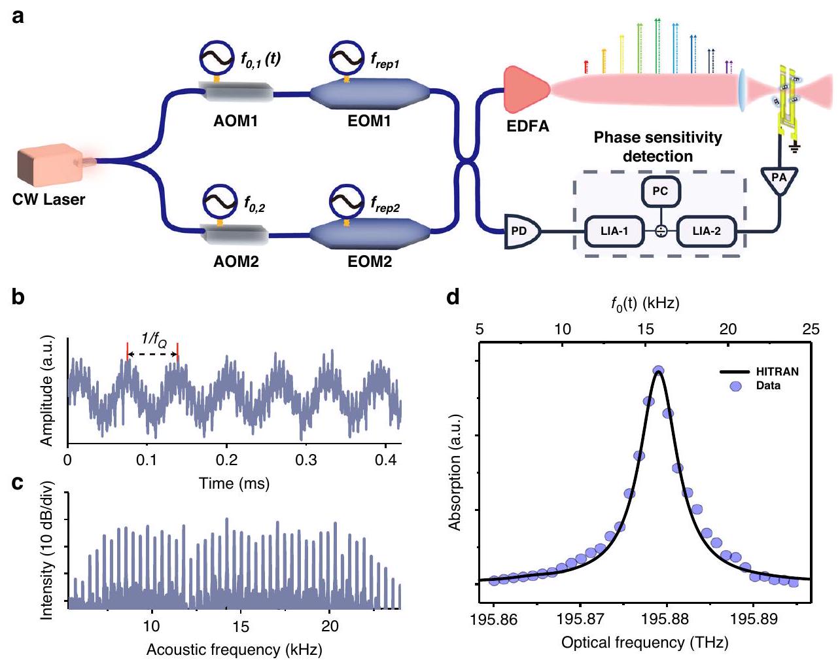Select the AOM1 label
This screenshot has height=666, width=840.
tap(236, 121)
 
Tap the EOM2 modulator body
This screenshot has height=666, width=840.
tap(369, 232)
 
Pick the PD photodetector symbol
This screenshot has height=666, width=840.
tap(521, 231)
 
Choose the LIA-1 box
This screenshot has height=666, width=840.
tap(614, 231)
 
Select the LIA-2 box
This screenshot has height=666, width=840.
tap(707, 231)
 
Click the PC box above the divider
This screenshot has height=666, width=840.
tap(661, 191)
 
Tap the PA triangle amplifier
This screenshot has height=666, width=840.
tap(779, 179)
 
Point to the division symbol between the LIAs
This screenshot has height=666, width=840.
tap(661, 231)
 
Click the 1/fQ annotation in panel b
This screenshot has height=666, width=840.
tap(154, 339)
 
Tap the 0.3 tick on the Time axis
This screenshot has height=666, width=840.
tap(306, 460)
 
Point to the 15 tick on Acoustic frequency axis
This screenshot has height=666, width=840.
tap(241, 626)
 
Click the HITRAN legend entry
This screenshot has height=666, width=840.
tap(759, 372)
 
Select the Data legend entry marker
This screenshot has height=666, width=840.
tap(735, 386)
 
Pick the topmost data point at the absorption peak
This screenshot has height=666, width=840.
tap(658, 371)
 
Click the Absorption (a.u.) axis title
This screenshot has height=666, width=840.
tap(455, 472)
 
